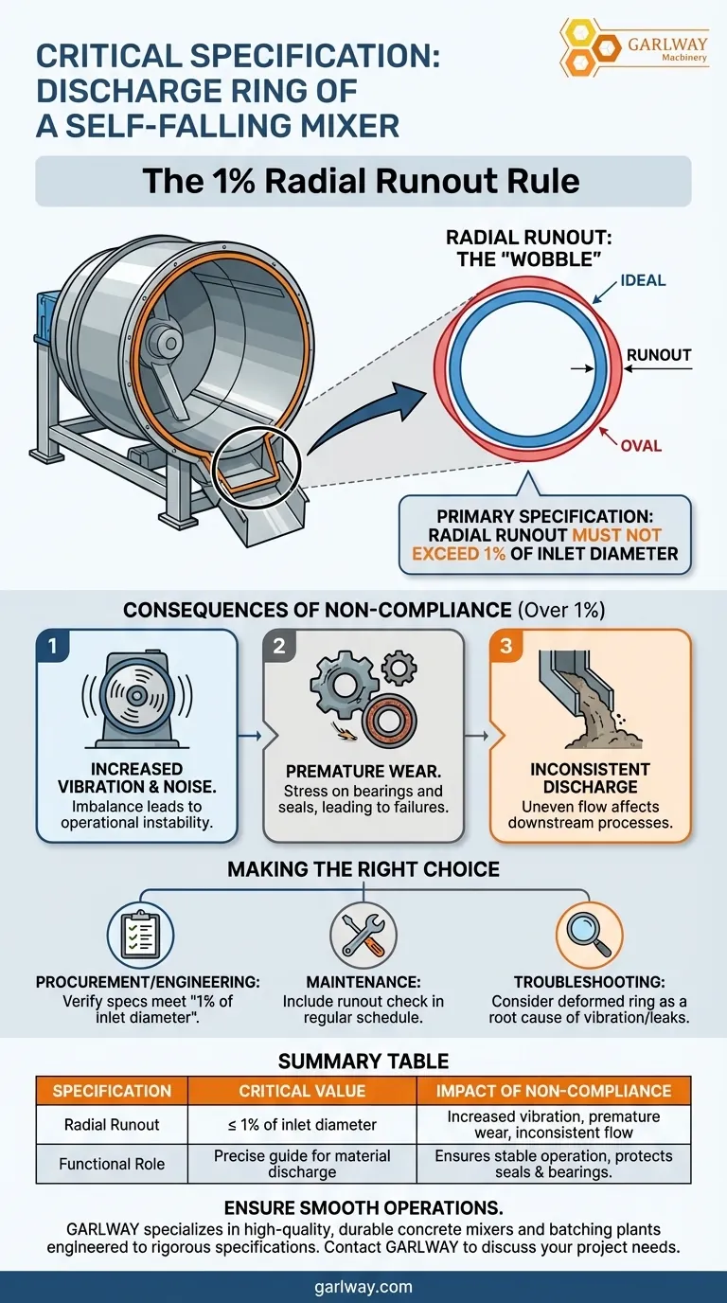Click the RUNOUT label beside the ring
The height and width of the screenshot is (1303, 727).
point(659,356)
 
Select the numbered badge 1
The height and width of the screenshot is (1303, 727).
point(53,647)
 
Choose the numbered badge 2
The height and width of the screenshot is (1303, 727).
point(280,647)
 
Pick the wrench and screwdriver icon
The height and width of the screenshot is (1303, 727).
point(363,934)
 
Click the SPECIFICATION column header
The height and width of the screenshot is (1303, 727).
point(112,1091)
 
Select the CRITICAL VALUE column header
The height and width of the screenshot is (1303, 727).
point(302,1091)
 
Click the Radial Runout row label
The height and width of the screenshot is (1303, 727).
point(112,1125)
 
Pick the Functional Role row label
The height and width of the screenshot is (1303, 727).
point(112,1164)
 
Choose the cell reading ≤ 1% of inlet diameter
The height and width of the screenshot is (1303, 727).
point(302,1125)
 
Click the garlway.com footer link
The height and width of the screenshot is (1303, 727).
point(363,1287)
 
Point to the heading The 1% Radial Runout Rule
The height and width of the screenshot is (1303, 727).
point(362,180)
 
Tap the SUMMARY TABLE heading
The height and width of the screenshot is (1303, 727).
point(363,1061)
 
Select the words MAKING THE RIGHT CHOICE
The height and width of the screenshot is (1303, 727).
point(363,868)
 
